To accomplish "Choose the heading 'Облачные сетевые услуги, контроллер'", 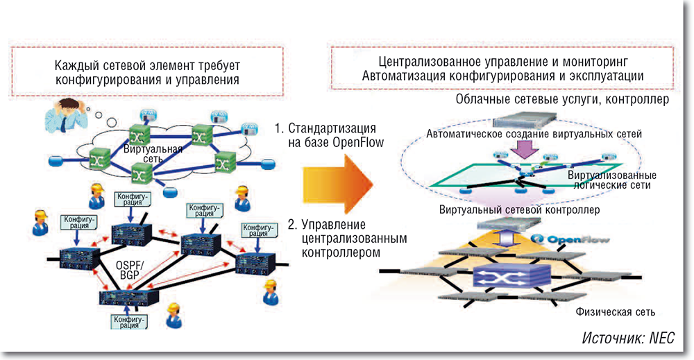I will (562, 101).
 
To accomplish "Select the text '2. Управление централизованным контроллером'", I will (344, 238).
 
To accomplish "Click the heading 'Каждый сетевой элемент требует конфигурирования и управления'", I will (147, 72).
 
